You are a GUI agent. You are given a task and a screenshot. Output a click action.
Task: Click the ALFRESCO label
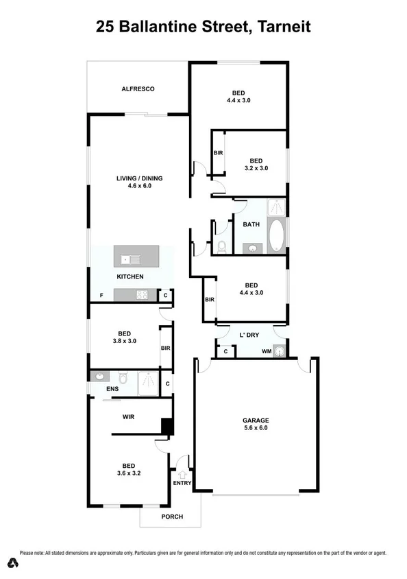138,89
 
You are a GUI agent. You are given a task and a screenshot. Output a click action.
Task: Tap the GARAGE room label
256,421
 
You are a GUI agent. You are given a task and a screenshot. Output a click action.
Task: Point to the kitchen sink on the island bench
128,259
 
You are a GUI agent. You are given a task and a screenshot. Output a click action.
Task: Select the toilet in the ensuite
123,377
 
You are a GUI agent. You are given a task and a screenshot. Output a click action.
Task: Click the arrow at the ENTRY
183,473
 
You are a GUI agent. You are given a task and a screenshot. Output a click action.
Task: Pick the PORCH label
171,517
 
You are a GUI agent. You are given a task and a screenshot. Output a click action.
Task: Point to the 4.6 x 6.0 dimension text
138,186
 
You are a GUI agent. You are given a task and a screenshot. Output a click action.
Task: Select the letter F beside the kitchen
101,296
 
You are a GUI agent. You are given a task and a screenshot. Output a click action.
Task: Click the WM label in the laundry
265,352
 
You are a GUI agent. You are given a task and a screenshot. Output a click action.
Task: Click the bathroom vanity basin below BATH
251,248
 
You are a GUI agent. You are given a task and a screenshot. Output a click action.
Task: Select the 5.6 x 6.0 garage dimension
256,429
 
